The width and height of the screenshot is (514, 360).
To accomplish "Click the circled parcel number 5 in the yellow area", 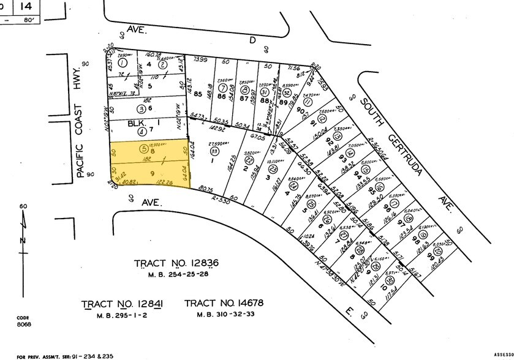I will tap(126, 148).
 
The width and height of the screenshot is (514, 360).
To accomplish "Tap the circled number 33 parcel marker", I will tap(214, 150).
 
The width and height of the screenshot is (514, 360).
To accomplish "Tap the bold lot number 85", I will tap(198, 95).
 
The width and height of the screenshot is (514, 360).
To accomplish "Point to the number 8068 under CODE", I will tap(24, 324).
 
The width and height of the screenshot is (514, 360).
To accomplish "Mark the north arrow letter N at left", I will tap(23, 240).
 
